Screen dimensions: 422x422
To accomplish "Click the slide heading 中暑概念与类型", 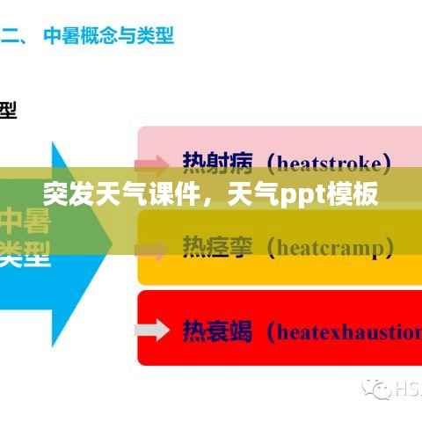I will [x=109, y=36].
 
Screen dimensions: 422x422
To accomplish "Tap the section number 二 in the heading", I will [x=11, y=36].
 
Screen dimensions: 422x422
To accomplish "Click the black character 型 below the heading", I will [x=7, y=111].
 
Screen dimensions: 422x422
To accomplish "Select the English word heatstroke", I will [x=329, y=163].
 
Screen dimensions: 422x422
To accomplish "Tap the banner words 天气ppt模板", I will [x=302, y=193].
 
